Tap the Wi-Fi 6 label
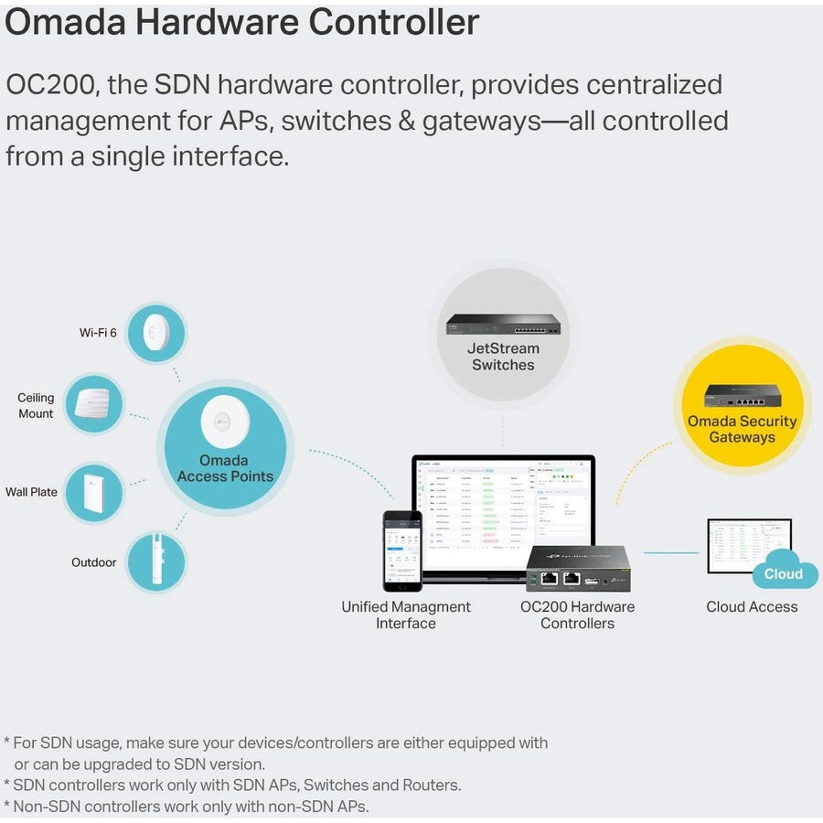98,333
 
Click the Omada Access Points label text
225,468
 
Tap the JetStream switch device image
503,324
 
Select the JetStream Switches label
503,357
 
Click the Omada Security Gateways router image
742,396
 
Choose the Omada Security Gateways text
742,430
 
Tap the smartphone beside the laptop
401,550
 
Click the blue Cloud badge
783,573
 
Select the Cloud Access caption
752,606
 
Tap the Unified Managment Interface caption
406,615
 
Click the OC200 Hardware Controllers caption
577,615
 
